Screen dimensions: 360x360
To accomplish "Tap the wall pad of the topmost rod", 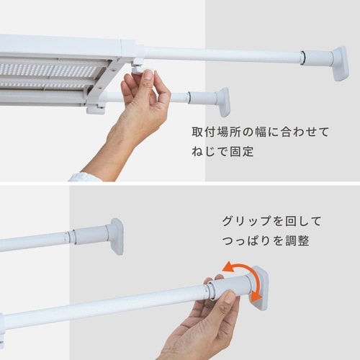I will pyautogui.click(x=339, y=63).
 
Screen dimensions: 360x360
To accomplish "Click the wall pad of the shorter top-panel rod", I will pyautogui.click(x=223, y=102).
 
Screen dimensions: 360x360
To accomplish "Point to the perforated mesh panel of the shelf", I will pyautogui.click(x=50, y=71).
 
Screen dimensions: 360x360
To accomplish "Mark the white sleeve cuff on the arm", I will pyautogui.click(x=85, y=176).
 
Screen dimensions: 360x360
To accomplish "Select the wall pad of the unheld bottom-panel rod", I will pyautogui.click(x=116, y=235).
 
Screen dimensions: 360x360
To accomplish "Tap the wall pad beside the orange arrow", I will pyautogui.click(x=259, y=287).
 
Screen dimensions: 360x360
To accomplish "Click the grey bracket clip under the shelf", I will pyautogui.click(x=96, y=108).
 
